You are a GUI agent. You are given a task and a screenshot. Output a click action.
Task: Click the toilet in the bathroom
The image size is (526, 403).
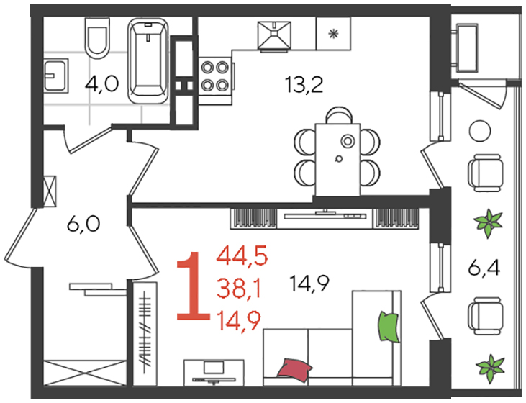[x=98, y=36]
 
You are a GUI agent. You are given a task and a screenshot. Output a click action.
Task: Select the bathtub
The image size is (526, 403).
[x=148, y=60]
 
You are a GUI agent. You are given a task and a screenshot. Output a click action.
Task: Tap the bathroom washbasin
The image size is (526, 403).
[x=56, y=75]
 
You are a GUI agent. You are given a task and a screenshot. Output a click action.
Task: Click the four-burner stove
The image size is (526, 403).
[x=215, y=76]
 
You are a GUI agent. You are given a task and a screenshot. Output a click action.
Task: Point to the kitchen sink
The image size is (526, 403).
[x=274, y=36]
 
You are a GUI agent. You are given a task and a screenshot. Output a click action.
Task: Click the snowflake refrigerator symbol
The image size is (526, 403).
[x=333, y=34]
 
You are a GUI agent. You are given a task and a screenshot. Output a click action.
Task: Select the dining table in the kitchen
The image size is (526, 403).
[x=337, y=159]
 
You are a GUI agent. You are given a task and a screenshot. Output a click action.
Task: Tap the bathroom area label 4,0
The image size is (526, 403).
[x=102, y=83]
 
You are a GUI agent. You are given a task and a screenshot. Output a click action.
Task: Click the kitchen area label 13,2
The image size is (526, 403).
[x=304, y=85]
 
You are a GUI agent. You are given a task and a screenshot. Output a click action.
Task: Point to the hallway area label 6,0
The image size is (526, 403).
[x=83, y=224]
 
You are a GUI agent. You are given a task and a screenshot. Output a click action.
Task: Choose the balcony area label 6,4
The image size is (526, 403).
[x=484, y=268]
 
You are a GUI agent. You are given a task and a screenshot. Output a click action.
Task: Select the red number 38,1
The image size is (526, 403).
[x=239, y=289]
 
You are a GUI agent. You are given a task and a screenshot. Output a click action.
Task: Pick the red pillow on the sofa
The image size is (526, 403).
[x=294, y=370]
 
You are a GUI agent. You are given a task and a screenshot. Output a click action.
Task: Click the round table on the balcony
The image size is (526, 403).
[x=480, y=132]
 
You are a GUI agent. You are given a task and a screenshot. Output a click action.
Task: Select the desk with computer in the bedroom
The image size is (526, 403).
[x=214, y=373]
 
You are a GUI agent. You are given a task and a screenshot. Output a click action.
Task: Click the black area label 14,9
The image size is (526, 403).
[x=310, y=284]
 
